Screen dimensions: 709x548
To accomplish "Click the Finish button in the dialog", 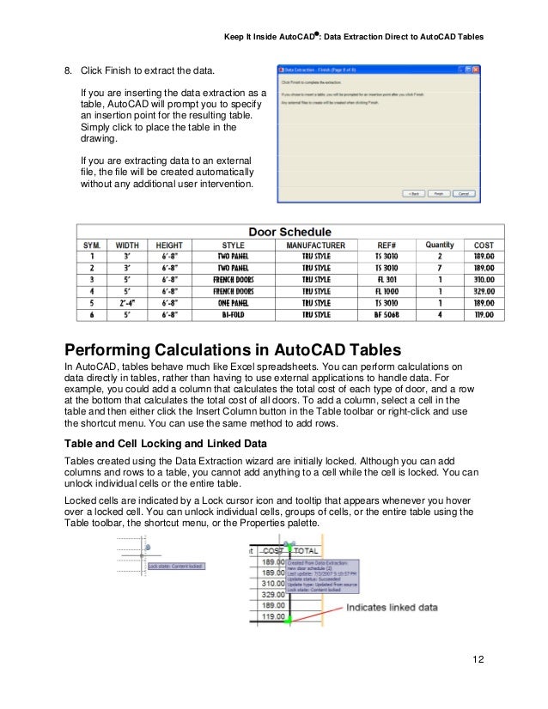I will click(438, 194).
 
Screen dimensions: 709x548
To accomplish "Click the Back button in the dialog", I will click(414, 194).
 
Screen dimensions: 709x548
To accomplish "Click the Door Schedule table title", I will click(289, 231).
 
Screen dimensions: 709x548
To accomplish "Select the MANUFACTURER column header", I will click(315, 245).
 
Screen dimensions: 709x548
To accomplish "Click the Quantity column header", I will click(439, 245).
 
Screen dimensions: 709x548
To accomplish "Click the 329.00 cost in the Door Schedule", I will click(484, 292).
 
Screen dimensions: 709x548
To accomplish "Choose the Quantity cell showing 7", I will click(439, 268).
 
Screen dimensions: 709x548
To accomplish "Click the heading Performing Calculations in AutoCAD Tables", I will click(221, 348).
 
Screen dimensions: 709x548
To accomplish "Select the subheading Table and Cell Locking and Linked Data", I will click(179, 444).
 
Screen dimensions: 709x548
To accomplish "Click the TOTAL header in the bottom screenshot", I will click(306, 550).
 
